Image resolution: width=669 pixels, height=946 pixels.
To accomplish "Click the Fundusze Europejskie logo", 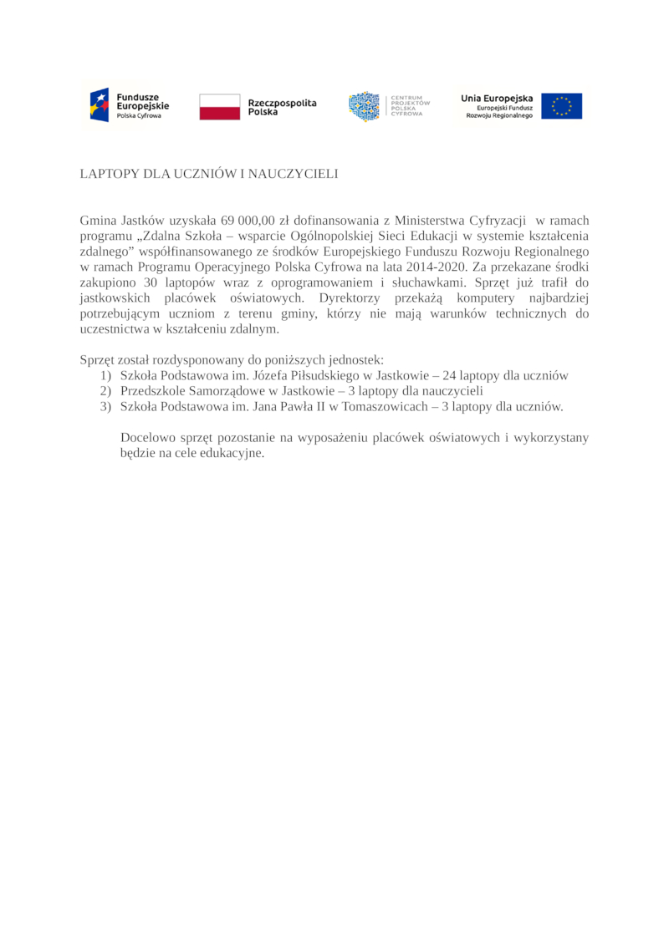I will [130, 106].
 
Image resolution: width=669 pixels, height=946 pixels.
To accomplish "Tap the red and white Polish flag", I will [219, 106].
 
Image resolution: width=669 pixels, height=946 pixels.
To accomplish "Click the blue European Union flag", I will [561, 106].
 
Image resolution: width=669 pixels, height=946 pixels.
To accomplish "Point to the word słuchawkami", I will [416, 282].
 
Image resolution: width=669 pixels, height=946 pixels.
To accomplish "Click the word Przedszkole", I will [153, 391].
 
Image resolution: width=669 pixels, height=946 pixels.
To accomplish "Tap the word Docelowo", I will [147, 438].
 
